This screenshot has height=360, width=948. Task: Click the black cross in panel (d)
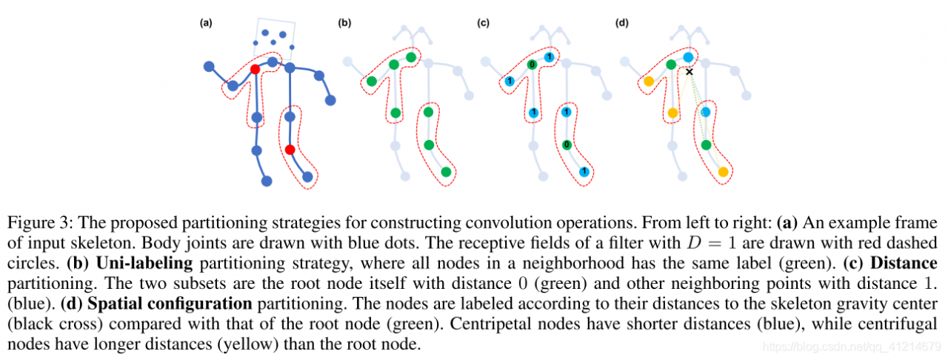pos(690,72)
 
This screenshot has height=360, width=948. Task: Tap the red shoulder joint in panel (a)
pos(255,69)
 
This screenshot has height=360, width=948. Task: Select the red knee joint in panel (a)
pos(290,150)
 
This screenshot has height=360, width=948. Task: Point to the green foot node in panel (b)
pos(446,172)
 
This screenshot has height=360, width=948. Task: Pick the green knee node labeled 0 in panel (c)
pos(567,144)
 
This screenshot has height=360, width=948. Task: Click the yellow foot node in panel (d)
pos(723,172)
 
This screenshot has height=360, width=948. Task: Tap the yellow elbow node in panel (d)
pos(648,81)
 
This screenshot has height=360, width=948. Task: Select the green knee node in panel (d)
pos(706,144)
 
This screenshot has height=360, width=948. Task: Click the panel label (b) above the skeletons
pos(344,23)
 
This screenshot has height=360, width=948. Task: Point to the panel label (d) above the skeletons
pos(622,23)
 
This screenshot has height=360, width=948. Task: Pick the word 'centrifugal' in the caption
pos(903,324)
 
